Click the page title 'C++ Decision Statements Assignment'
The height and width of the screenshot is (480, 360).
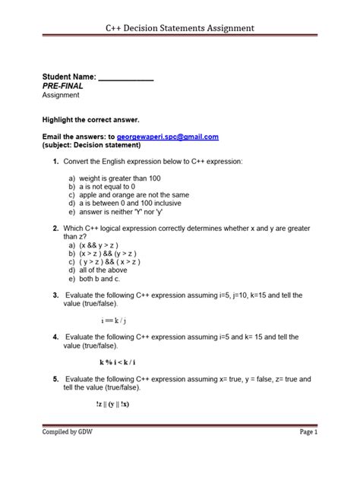[x=180, y=29]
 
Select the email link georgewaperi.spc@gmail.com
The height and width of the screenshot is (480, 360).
[x=167, y=137]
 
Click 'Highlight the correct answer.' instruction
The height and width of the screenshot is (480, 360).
[x=90, y=120]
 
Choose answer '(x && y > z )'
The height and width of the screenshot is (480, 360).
[x=106, y=245]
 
